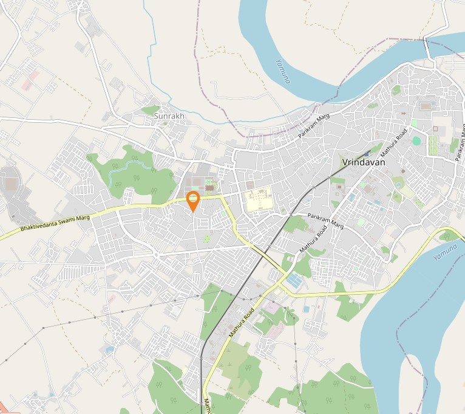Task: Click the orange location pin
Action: [192, 200]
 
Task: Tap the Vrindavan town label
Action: [364, 162]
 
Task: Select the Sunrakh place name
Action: [169, 116]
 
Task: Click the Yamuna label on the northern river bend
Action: [283, 71]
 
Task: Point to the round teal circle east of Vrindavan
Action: [416, 140]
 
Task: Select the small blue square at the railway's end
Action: [367, 154]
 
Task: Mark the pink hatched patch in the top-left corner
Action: [30, 80]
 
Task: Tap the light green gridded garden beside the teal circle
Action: [433, 145]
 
